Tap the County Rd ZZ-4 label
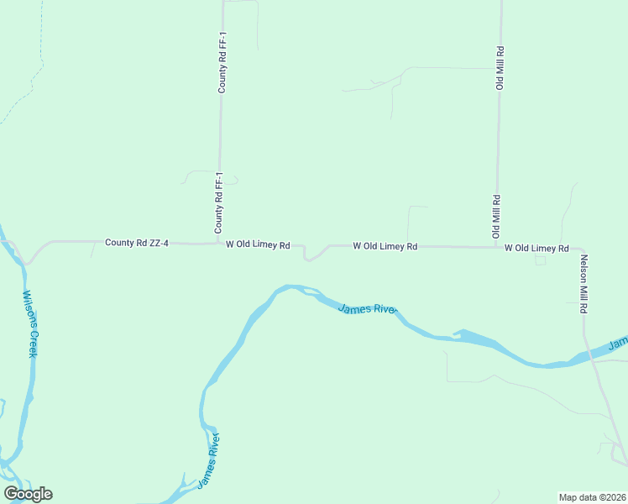tap(137, 243)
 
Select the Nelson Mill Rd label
tap(583, 284)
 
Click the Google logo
tap(28, 494)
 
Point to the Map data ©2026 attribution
tap(592, 497)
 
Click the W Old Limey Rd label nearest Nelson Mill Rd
tap(536, 249)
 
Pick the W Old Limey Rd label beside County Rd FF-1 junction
tap(258, 245)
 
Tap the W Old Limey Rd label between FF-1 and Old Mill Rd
tap(385, 246)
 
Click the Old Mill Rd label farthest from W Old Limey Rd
tap(499, 68)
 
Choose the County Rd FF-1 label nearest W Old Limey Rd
tap(218, 203)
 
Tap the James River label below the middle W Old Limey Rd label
tap(366, 309)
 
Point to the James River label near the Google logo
tap(210, 460)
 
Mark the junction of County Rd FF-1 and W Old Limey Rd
tap(218, 244)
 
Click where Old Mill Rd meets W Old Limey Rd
tap(495, 247)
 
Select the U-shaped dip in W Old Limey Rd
tap(310, 255)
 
